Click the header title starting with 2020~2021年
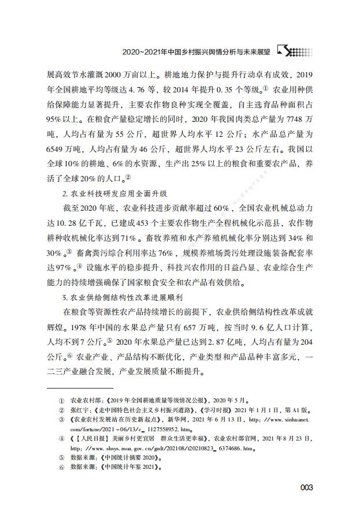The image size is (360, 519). click(196, 51)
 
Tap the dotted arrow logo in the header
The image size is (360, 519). click(295, 51)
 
